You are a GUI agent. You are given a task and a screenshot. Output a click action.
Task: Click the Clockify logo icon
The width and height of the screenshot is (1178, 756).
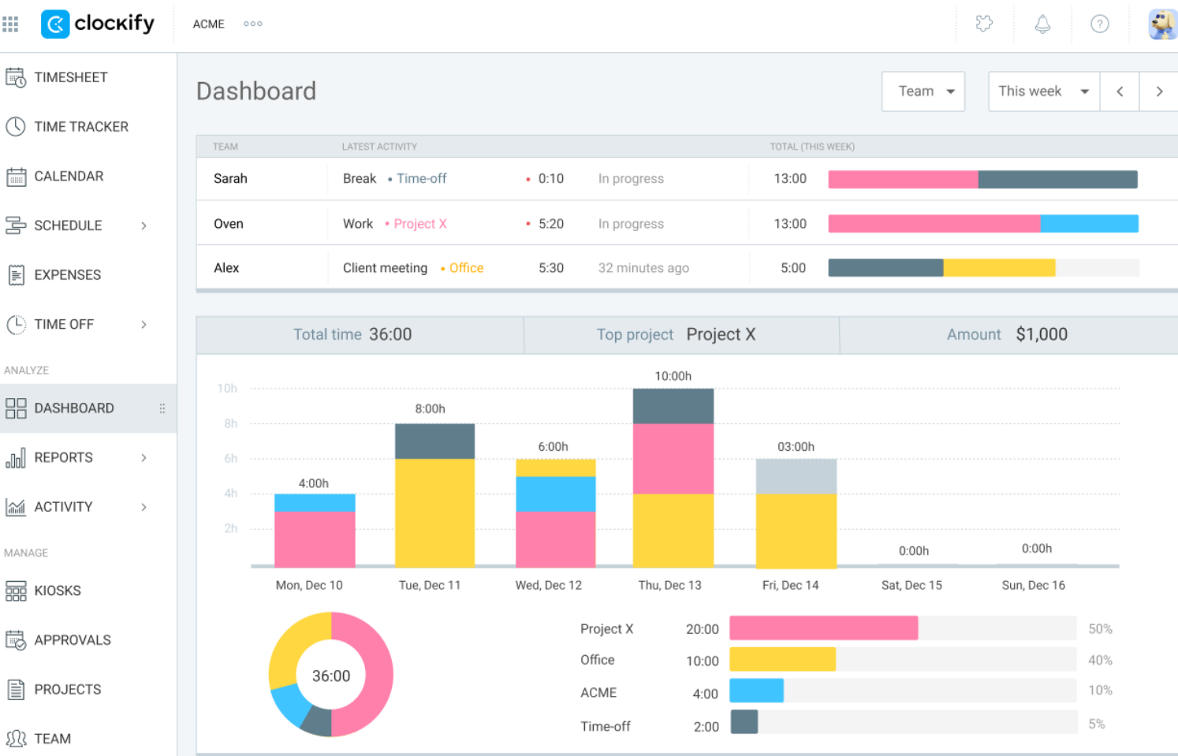pyautogui.click(x=55, y=24)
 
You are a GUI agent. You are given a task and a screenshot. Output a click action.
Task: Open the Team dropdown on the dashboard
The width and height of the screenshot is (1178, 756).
pyautogui.click(x=923, y=91)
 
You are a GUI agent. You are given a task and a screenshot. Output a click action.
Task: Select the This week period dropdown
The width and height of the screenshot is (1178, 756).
pyautogui.click(x=1044, y=91)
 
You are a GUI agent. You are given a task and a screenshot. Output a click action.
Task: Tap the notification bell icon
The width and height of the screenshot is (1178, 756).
pyautogui.click(x=1042, y=24)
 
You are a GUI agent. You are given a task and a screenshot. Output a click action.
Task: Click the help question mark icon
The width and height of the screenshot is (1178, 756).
pyautogui.click(x=1100, y=24)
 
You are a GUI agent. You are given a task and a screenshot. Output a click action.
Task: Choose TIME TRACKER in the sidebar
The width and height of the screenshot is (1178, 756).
pyautogui.click(x=81, y=127)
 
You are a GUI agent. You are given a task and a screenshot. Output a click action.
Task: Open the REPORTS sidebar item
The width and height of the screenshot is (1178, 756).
pyautogui.click(x=63, y=457)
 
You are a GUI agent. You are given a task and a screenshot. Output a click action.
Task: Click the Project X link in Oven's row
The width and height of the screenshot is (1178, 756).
pyautogui.click(x=419, y=224)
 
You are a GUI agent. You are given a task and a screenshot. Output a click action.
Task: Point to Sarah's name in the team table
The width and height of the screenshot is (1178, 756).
pyautogui.click(x=230, y=179)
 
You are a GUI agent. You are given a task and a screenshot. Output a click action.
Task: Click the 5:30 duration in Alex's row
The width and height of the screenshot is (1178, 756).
pyautogui.click(x=550, y=268)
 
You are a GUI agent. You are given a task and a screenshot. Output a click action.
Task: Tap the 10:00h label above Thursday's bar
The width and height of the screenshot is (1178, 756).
pyautogui.click(x=673, y=376)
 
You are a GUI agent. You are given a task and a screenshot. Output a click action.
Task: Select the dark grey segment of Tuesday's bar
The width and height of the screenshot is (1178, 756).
pyautogui.click(x=434, y=441)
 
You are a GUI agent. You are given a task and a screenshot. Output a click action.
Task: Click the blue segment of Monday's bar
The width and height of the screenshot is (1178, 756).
pyautogui.click(x=315, y=503)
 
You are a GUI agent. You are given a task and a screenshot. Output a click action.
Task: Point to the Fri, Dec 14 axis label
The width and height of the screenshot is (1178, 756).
pyautogui.click(x=790, y=585)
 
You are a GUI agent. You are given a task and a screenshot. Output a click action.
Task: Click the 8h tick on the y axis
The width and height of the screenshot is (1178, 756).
pyautogui.click(x=230, y=424)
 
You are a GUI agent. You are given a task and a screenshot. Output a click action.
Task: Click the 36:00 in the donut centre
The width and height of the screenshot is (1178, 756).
pyautogui.click(x=331, y=676)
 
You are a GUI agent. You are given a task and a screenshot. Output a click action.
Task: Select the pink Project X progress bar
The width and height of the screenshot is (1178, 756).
pyautogui.click(x=823, y=628)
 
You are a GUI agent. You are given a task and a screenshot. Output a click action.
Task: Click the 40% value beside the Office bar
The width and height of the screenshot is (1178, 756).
pyautogui.click(x=1100, y=661)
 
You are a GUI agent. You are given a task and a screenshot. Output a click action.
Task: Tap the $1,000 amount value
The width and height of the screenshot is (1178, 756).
pyautogui.click(x=1042, y=334)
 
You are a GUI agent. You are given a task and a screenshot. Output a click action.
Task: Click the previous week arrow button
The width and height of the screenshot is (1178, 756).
pyautogui.click(x=1120, y=91)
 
